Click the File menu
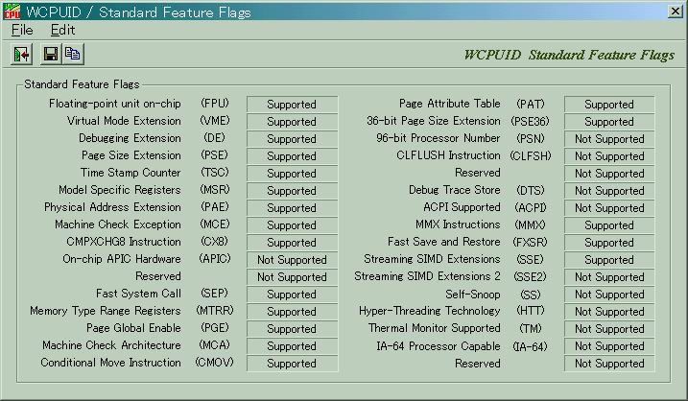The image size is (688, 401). coord(22,30)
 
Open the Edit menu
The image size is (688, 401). coord(62,30)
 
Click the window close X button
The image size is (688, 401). coord(675,12)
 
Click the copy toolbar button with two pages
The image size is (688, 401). coord(73,54)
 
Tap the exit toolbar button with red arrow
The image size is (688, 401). coord(21,54)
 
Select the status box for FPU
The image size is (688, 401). coord(292,105)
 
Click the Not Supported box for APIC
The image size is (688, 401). coord(292,260)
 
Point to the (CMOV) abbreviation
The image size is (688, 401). coord(215,363)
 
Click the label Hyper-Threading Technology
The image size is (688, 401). coord(430,311)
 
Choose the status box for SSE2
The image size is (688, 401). coord(609,277)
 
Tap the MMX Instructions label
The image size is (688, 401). coord(458,224)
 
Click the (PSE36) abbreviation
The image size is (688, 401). coord(531,121)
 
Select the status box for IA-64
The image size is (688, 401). coord(609,346)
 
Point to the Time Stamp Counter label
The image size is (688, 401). coord(130,173)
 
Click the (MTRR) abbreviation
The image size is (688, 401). coord(215,311)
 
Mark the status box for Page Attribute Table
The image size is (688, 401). coord(609,105)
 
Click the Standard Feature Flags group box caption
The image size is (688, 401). coord(82,83)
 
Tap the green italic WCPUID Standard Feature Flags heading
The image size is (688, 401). coord(569,55)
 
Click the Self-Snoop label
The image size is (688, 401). coord(472,294)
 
